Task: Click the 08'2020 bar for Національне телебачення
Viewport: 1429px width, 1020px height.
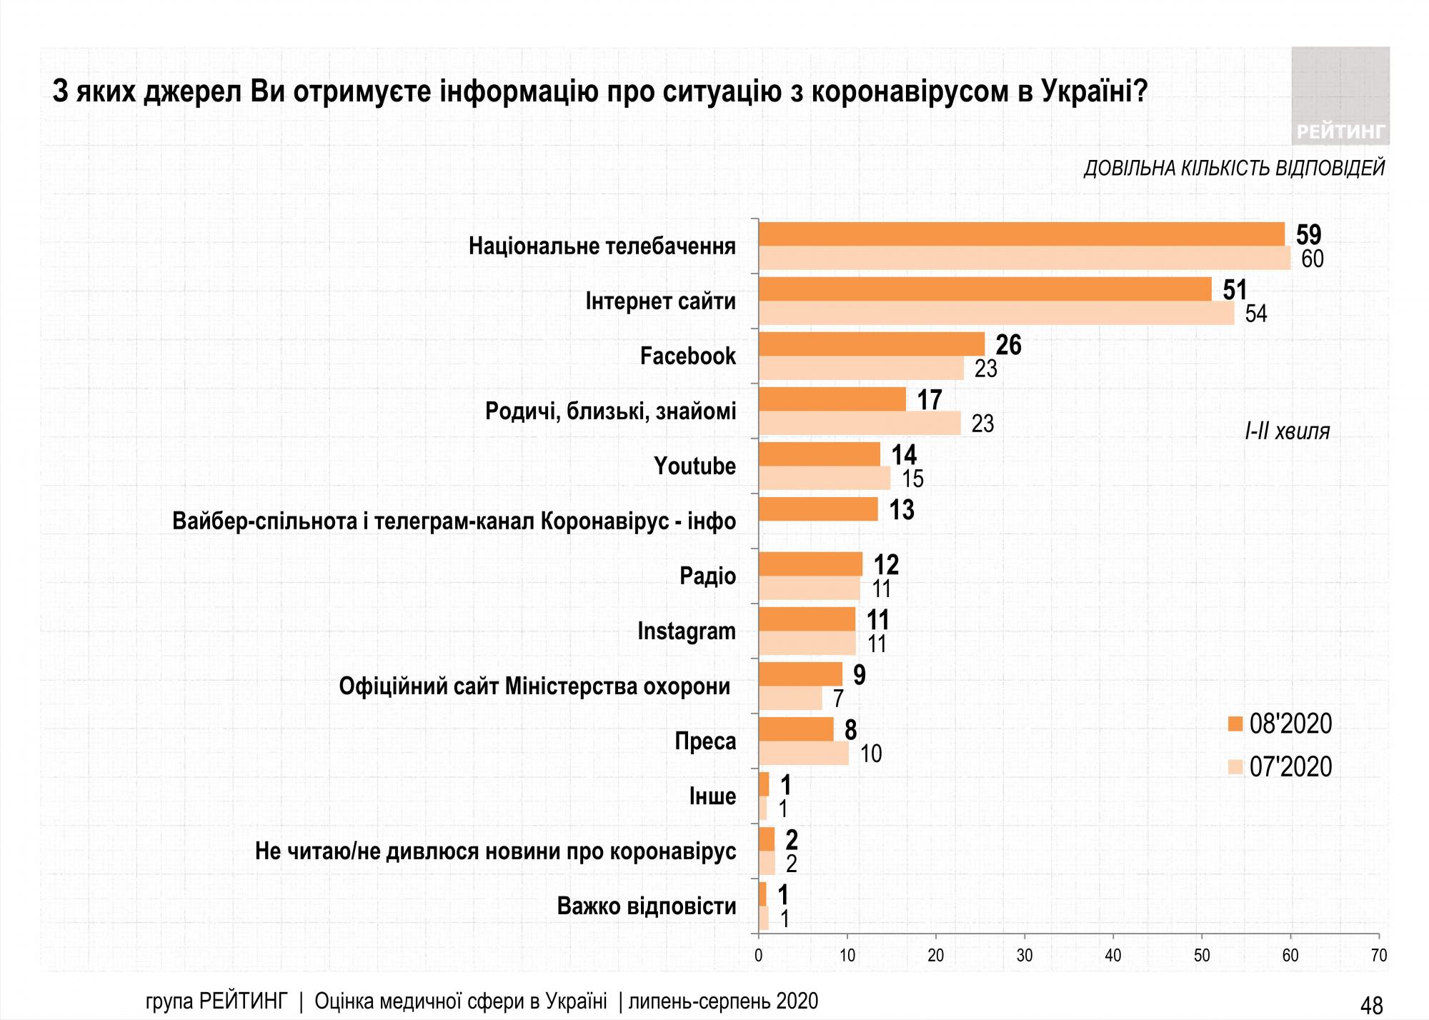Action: (x=1022, y=234)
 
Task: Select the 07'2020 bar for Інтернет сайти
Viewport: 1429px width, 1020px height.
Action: (x=996, y=314)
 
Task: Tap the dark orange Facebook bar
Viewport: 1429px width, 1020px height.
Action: (x=872, y=344)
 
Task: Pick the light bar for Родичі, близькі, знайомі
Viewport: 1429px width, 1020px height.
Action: (x=860, y=423)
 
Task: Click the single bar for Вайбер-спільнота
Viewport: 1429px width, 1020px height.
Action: (x=818, y=509)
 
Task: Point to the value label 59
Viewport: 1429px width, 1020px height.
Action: (x=1308, y=234)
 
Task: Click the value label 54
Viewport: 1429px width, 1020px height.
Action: (x=1255, y=314)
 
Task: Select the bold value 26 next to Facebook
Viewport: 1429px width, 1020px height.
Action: (x=1008, y=345)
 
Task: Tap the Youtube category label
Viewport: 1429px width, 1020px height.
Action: (x=694, y=466)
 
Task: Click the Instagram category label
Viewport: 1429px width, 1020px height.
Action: (x=686, y=631)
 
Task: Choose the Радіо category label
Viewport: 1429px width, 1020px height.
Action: (x=707, y=576)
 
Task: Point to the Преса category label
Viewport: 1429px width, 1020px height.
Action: (x=705, y=741)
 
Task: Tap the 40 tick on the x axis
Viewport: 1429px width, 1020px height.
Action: (x=1112, y=956)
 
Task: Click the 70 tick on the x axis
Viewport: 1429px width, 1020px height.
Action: (x=1378, y=956)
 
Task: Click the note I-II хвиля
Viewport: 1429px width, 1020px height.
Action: (x=1287, y=431)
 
